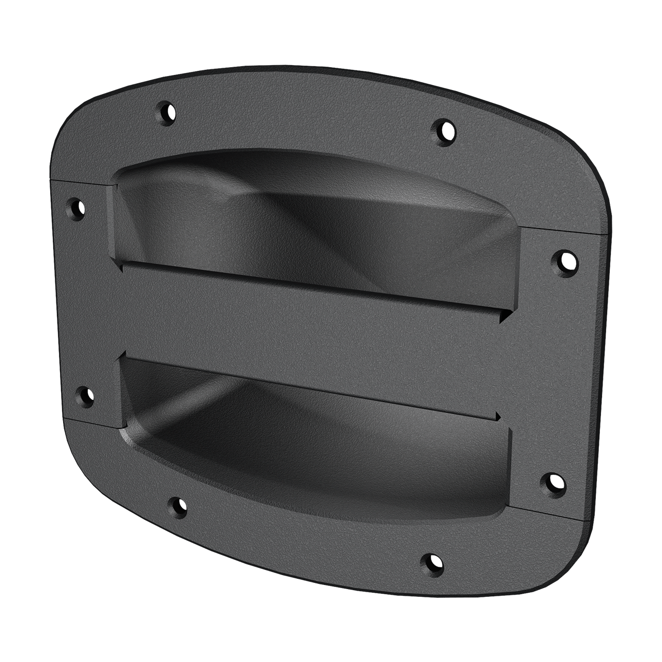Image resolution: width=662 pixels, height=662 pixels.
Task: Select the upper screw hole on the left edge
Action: tap(77, 208)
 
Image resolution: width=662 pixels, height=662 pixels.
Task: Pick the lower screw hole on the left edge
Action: tap(84, 397)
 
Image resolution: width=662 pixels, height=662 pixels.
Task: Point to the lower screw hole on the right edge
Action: tap(553, 483)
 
